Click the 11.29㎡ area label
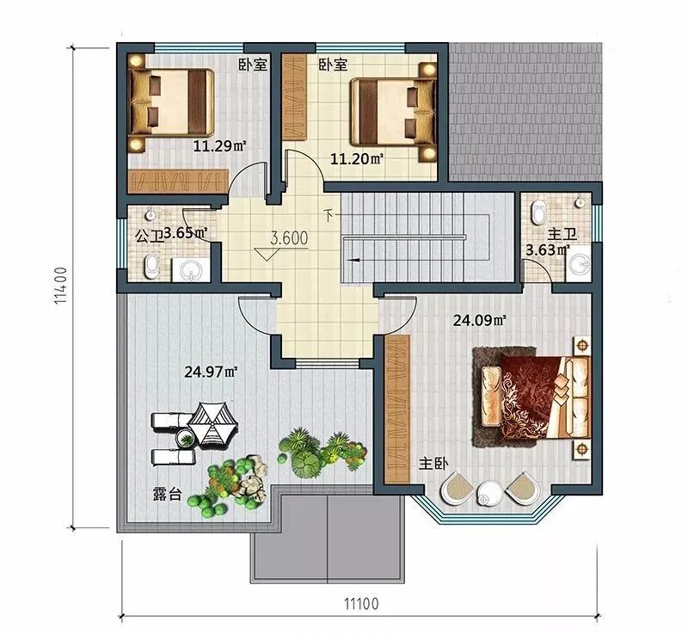click(219, 145)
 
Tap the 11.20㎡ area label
click(357, 158)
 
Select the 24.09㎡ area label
click(480, 321)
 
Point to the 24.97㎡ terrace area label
click(211, 372)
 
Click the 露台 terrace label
click(167, 494)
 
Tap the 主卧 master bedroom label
click(433, 464)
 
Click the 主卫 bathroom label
click(562, 234)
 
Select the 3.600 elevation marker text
click(289, 238)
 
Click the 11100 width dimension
click(360, 604)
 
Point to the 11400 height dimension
click(60, 286)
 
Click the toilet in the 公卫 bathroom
click(152, 265)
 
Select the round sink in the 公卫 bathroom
click(191, 269)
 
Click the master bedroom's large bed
click(531, 397)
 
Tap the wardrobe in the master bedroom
click(396, 409)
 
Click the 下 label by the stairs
click(329, 215)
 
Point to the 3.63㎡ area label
click(548, 250)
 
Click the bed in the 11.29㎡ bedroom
click(171, 102)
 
